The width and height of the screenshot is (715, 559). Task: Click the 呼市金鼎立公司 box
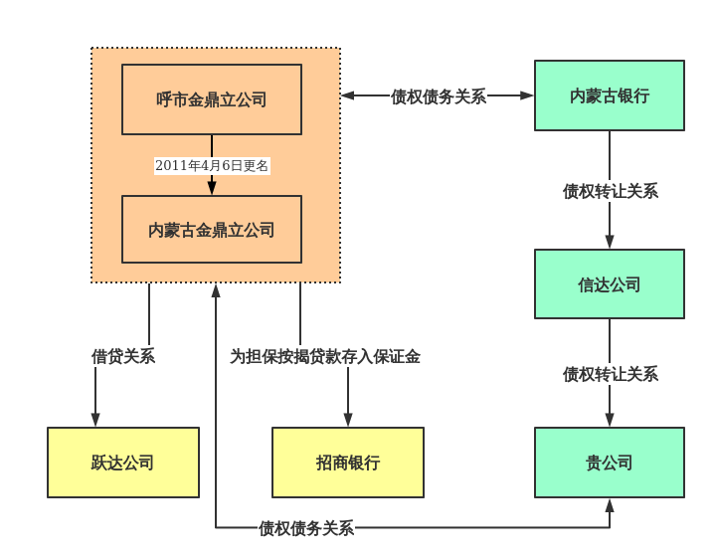tap(212, 99)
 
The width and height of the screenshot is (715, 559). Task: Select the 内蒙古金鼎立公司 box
tap(212, 230)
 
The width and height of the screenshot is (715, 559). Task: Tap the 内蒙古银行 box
tap(610, 95)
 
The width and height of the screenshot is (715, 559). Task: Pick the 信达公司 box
tap(610, 284)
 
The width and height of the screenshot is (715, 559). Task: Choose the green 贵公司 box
tap(610, 463)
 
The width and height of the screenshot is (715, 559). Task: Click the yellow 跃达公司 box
tap(123, 463)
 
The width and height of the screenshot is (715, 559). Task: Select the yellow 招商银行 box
tap(348, 463)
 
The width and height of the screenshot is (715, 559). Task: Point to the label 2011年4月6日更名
tap(212, 165)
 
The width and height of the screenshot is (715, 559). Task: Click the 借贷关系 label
tap(123, 356)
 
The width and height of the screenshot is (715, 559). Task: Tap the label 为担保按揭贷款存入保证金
tap(325, 356)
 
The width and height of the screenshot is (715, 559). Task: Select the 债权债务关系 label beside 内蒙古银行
tap(439, 96)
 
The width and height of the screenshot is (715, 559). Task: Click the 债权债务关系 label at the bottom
tap(306, 528)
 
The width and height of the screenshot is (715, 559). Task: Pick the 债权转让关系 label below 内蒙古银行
tap(610, 191)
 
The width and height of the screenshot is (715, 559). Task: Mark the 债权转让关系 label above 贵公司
tap(610, 374)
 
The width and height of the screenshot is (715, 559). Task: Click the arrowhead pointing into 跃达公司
tap(95, 421)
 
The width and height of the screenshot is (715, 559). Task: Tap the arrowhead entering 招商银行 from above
tap(348, 421)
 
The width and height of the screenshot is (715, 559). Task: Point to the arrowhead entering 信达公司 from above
tap(610, 242)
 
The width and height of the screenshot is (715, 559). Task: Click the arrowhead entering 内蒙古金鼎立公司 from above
tap(212, 188)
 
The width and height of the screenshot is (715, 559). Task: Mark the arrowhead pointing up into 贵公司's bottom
tap(610, 505)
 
